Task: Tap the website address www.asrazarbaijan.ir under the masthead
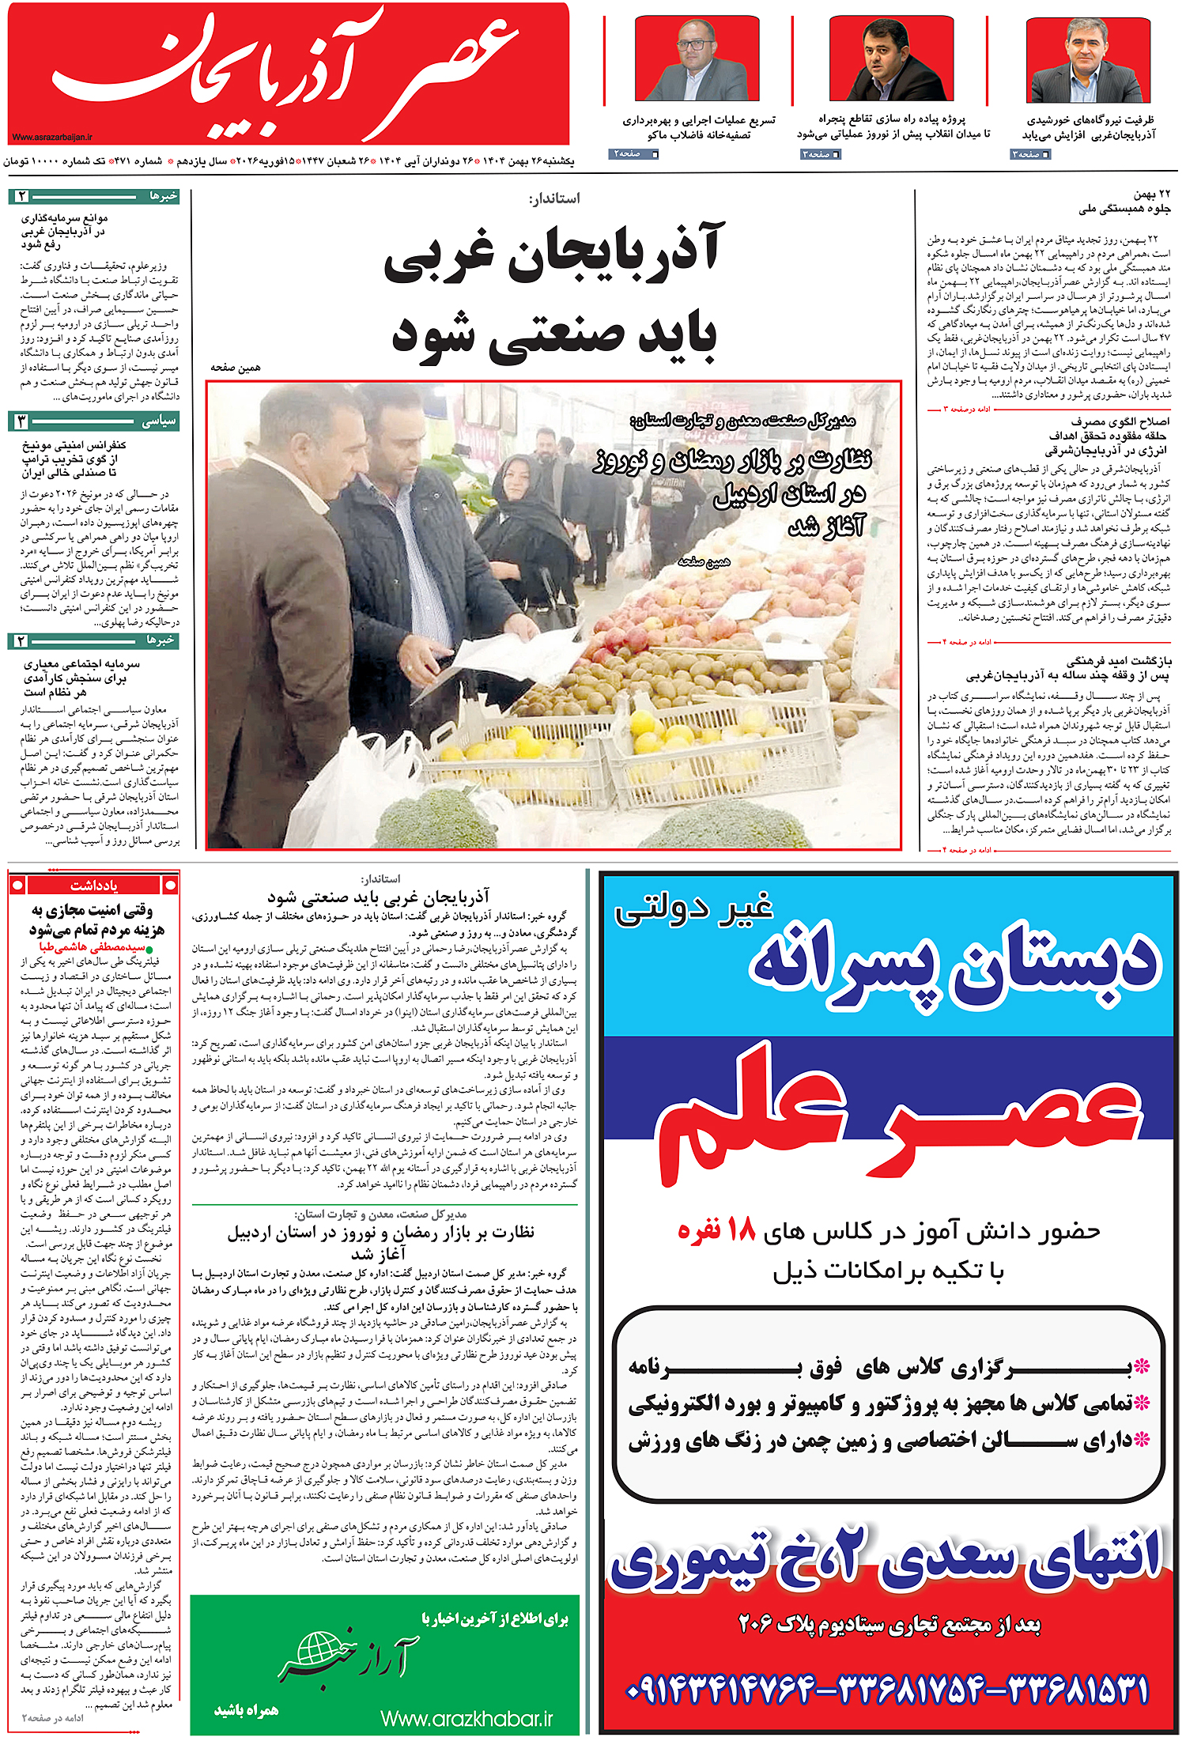[x=53, y=137]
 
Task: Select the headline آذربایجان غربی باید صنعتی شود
[x=553, y=293]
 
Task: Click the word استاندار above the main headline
[x=554, y=198]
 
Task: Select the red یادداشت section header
[x=93, y=885]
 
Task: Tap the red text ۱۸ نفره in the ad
[x=716, y=1230]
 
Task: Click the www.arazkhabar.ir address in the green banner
[x=466, y=1718]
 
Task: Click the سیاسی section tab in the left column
[x=158, y=421]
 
